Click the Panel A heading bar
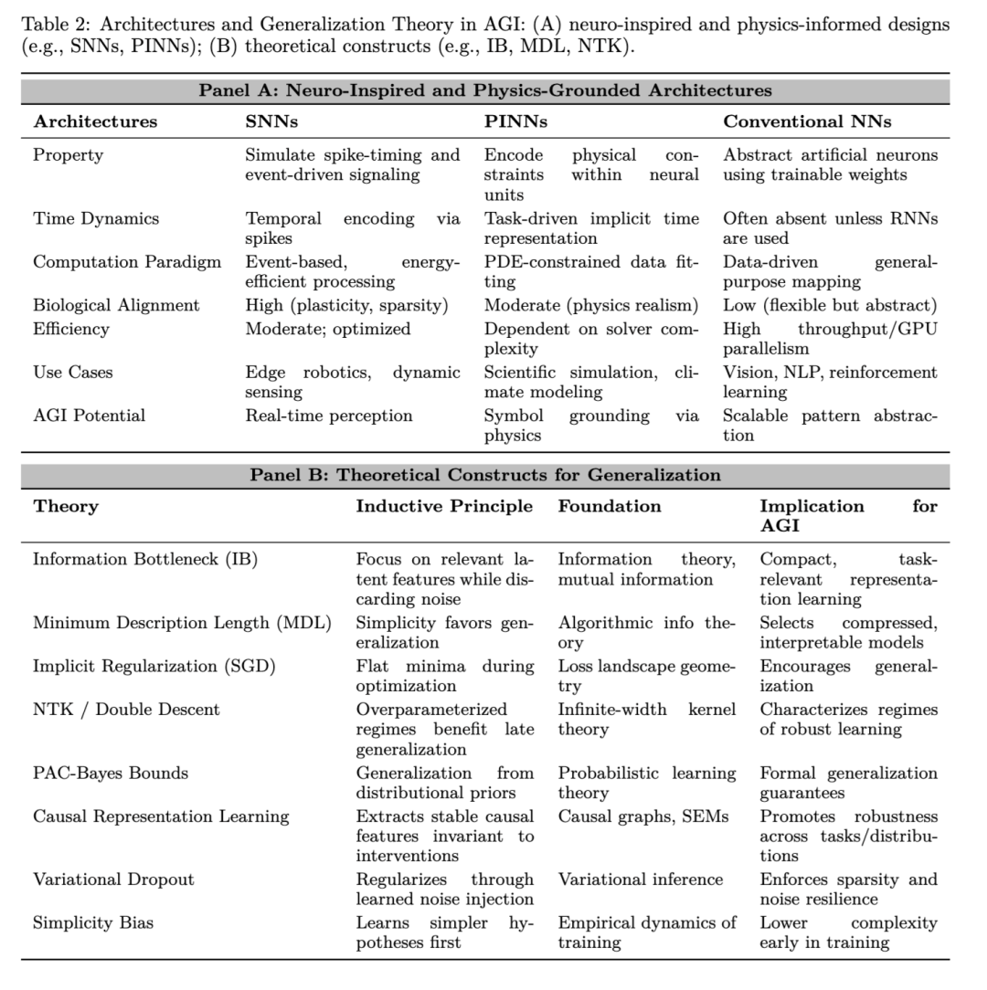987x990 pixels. click(484, 90)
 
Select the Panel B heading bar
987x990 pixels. click(484, 475)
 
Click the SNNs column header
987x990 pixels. click(271, 121)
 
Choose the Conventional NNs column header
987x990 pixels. click(807, 121)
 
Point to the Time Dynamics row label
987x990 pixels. click(96, 219)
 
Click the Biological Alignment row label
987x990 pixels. click(116, 305)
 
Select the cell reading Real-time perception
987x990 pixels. click(328, 416)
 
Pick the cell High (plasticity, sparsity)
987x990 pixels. click(346, 305)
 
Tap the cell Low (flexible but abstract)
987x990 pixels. click(830, 305)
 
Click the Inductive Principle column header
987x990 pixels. click(444, 506)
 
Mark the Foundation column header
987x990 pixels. click(610, 506)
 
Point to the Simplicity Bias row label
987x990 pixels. click(93, 922)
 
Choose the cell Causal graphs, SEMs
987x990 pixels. click(643, 816)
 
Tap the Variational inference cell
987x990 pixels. click(641, 879)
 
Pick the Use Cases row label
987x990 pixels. click(72, 373)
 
